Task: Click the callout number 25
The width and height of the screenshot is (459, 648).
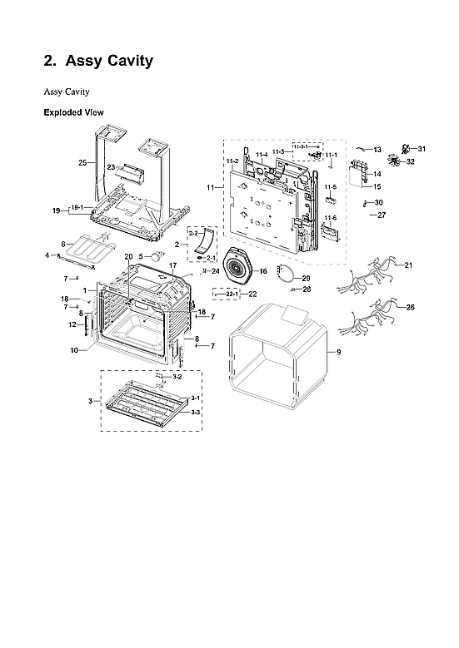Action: (82, 163)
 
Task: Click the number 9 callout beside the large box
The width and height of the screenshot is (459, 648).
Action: (338, 353)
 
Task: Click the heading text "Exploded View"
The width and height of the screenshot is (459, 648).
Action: (73, 111)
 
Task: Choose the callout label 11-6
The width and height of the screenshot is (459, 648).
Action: (330, 217)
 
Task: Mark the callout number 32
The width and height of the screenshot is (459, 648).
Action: (410, 161)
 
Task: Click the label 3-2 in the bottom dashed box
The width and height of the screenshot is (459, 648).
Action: (165, 378)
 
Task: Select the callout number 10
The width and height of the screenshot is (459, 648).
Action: (74, 350)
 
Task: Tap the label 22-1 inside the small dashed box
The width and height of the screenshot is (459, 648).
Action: (232, 294)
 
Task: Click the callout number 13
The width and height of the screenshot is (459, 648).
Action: (377, 150)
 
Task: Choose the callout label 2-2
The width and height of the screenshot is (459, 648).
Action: (193, 235)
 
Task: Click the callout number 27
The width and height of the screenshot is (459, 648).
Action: (382, 215)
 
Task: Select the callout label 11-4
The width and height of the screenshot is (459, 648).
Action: (262, 154)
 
